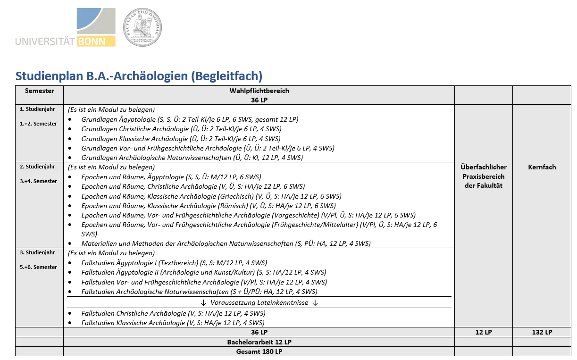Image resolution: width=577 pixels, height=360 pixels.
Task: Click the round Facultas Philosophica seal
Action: tap(142, 27)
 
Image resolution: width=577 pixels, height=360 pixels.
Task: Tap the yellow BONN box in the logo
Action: tap(97, 41)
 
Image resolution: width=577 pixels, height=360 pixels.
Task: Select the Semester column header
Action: tap(40, 91)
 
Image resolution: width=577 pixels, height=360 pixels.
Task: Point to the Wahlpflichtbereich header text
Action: tap(259, 91)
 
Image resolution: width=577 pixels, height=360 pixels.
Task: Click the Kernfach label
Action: tap(542, 167)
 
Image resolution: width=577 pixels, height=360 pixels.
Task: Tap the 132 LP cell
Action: tap(542, 332)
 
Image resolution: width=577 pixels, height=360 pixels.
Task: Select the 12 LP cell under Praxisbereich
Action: tap(483, 332)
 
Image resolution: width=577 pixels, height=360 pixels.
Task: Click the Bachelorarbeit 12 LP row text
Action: tap(259, 342)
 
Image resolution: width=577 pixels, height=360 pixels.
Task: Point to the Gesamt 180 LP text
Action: tap(259, 352)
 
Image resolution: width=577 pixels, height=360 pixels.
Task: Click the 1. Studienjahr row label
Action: tap(37, 109)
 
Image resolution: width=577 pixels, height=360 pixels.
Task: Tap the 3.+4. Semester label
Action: tap(38, 181)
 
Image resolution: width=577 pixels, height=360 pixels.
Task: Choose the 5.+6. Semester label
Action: tap(38, 267)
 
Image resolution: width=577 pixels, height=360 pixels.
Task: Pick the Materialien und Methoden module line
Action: tap(226, 243)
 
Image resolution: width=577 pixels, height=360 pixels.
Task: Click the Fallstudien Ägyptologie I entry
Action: tap(174, 263)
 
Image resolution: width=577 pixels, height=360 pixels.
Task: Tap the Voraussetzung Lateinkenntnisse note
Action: tap(259, 302)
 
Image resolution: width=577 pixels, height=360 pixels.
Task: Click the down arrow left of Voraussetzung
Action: tap(203, 302)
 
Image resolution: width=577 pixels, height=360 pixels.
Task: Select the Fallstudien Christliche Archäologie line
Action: tap(173, 313)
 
